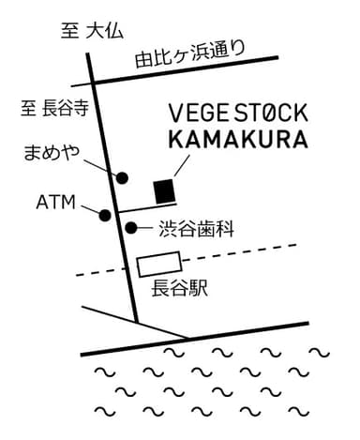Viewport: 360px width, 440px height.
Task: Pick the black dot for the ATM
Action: coord(104,215)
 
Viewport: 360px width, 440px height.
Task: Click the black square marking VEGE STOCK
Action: coord(165,190)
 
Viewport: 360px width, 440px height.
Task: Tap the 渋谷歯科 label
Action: coord(195,227)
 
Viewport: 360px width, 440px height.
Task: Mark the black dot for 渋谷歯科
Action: coord(131,227)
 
